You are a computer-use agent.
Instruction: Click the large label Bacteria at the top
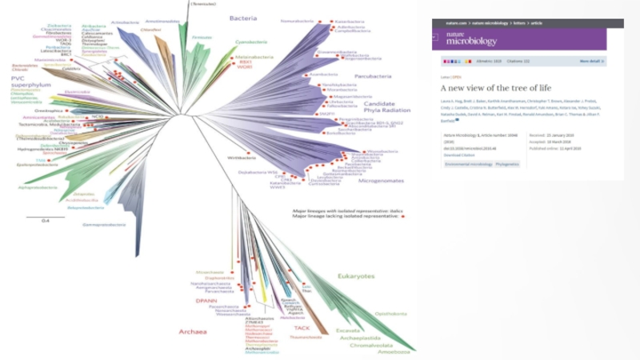pos(242,18)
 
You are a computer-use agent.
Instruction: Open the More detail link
pos(590,61)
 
